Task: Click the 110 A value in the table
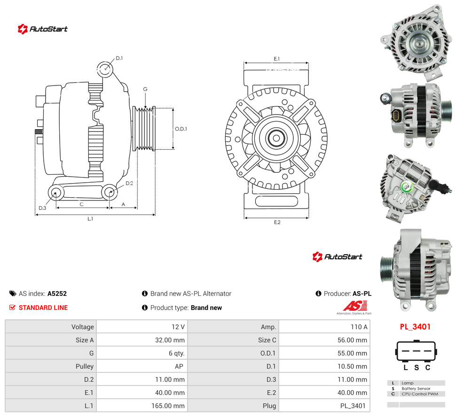point(359,327)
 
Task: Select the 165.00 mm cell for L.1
point(168,406)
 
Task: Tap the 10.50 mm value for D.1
point(352,366)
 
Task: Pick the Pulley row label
point(85,366)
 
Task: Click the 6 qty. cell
point(177,353)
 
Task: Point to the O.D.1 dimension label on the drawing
point(181,129)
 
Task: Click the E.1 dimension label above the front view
point(276,59)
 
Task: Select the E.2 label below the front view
point(277,222)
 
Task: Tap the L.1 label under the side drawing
point(90,219)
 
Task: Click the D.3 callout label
point(42,208)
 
